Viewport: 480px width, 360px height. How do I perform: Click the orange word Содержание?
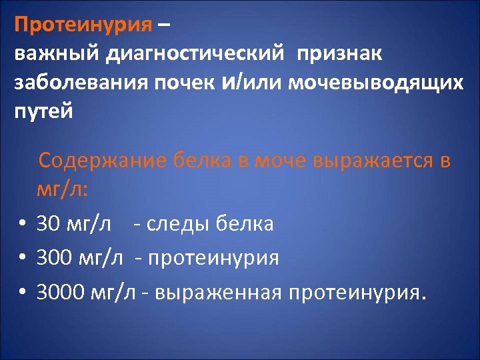103,161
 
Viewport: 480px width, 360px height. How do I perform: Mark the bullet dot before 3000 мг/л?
23,292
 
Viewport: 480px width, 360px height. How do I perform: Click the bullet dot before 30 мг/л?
23,225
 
